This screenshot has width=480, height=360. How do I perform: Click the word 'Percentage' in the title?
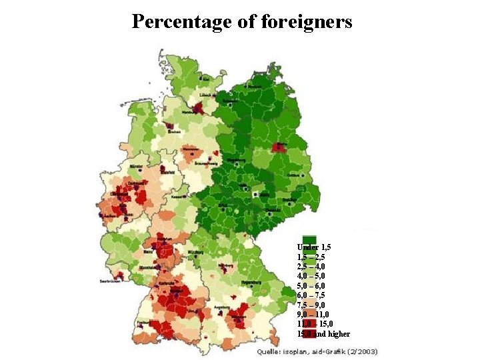(x=180, y=21)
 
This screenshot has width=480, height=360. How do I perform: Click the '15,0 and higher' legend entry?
(x=323, y=334)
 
